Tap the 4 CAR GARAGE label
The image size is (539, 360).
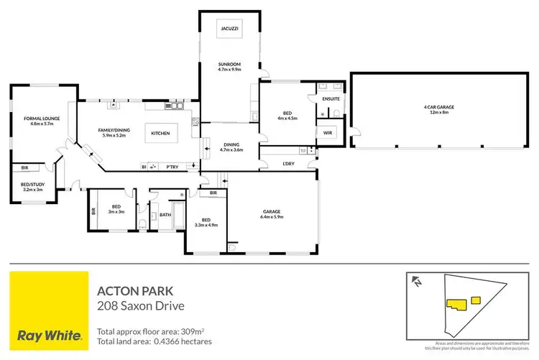point(438,107)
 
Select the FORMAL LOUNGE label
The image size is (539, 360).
point(41,118)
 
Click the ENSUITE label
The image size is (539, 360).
point(331,98)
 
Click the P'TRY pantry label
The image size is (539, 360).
point(172,166)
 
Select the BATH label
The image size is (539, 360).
point(165,213)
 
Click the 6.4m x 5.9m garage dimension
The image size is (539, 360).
point(271,216)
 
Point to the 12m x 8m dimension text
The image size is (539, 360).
point(438,112)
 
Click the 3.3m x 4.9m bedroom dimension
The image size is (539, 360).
point(206,225)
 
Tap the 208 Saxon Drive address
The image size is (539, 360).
point(140,306)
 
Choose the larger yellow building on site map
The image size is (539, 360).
point(456,305)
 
